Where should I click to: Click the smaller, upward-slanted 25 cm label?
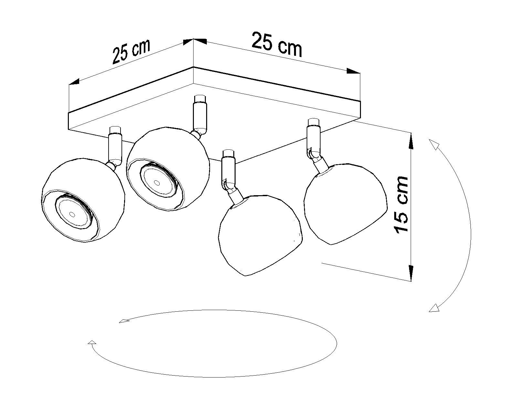(x=131, y=52)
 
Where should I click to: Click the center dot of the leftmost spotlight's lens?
(x=72, y=214)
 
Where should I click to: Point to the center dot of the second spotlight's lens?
(x=157, y=183)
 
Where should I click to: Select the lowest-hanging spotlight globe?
(x=260, y=235)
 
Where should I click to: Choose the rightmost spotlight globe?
(x=345, y=204)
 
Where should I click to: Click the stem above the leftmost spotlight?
(x=115, y=144)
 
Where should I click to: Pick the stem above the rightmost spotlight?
(x=313, y=136)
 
